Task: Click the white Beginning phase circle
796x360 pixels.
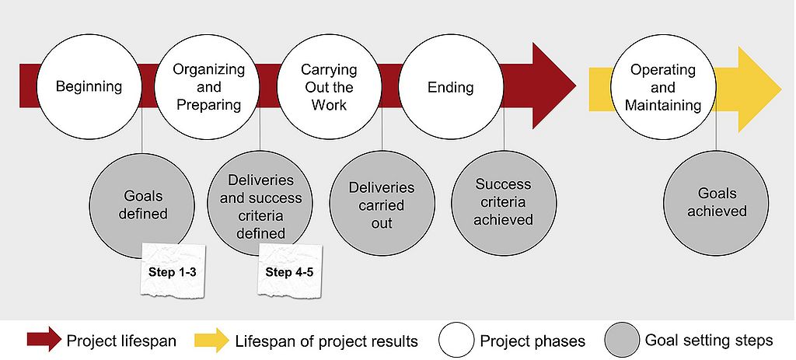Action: (x=89, y=86)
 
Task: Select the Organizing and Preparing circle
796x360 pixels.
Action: (x=209, y=86)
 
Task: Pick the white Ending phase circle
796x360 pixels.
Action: (x=450, y=86)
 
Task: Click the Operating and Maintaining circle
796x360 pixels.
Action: (x=663, y=86)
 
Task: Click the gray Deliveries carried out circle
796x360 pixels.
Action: (x=382, y=204)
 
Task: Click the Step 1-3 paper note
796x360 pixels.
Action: (x=172, y=270)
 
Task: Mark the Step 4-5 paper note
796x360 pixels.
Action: (x=289, y=270)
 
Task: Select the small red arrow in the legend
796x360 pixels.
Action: (x=44, y=340)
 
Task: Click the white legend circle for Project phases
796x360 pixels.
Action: (x=456, y=340)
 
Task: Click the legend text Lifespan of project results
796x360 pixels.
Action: (x=326, y=341)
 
